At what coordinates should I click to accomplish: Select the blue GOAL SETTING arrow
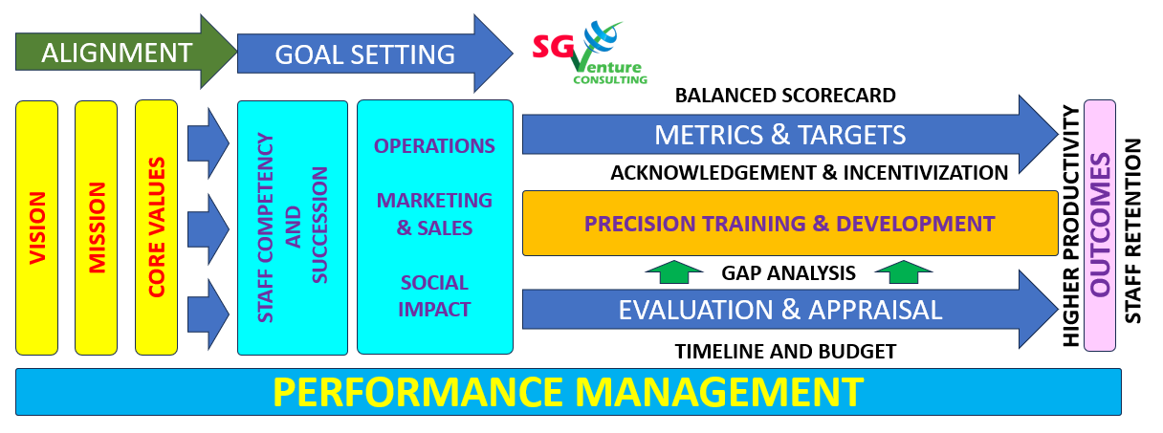[x=375, y=54]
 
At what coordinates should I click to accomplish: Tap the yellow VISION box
[x=37, y=227]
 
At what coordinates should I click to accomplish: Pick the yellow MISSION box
[x=96, y=227]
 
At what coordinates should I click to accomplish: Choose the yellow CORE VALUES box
[x=156, y=227]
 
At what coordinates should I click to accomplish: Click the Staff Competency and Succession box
[x=293, y=227]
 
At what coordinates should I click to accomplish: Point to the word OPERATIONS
[x=434, y=146]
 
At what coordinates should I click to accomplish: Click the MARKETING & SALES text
[x=434, y=214]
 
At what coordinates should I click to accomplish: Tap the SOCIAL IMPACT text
[x=434, y=296]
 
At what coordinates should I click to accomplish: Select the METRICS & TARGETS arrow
[x=790, y=135]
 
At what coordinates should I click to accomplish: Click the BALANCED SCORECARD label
[x=785, y=96]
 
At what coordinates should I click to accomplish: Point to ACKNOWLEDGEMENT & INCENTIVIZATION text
[x=809, y=172]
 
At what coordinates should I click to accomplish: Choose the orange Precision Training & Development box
[x=790, y=224]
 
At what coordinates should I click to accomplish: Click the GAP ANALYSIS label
[x=788, y=273]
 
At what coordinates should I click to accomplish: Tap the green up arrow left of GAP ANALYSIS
[x=674, y=272]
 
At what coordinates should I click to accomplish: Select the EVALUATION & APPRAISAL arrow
[x=790, y=310]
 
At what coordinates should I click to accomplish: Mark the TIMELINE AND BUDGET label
[x=785, y=352]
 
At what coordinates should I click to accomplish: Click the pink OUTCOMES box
[x=1100, y=226]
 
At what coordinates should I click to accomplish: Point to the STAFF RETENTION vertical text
[x=1133, y=231]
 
